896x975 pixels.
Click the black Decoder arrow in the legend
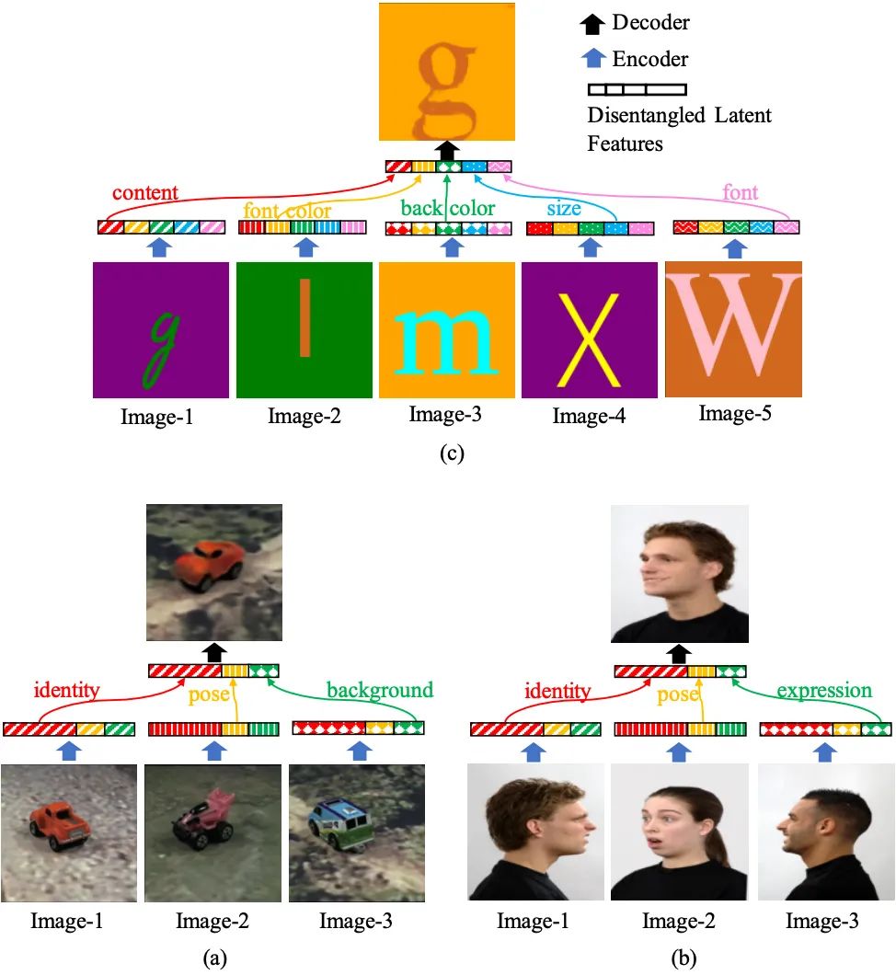point(593,22)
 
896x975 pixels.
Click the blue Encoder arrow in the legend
point(593,59)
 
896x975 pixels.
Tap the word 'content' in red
point(145,193)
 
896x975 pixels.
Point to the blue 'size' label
point(564,208)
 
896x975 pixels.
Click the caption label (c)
point(447,454)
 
